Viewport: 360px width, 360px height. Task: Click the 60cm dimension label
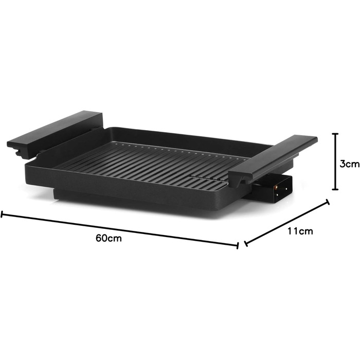(x=109, y=238)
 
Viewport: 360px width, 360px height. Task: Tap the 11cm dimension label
(x=300, y=231)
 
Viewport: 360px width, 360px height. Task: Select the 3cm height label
(x=349, y=164)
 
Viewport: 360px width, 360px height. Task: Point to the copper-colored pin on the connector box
(x=276, y=188)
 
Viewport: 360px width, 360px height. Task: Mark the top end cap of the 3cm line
(x=335, y=134)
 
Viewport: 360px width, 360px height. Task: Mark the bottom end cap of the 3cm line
(x=335, y=189)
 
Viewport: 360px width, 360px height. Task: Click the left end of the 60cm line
(x=2, y=214)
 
